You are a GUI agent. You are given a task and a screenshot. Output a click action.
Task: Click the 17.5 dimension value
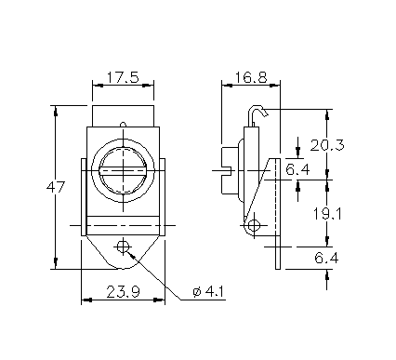click(123, 77)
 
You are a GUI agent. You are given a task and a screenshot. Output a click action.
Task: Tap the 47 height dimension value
click(56, 187)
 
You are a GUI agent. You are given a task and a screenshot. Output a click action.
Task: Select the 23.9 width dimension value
click(124, 292)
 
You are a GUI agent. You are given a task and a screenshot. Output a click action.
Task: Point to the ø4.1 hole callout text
click(208, 292)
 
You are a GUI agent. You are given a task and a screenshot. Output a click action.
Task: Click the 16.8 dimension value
click(251, 77)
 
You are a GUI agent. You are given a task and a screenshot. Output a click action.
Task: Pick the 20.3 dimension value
click(327, 145)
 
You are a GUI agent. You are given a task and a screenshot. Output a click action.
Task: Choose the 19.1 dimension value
click(327, 214)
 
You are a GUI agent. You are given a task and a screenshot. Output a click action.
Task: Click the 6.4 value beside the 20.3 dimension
click(297, 169)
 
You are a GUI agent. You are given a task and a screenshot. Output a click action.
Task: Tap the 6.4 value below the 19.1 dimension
click(326, 258)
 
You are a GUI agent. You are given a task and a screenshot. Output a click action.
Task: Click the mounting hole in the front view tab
click(123, 247)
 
